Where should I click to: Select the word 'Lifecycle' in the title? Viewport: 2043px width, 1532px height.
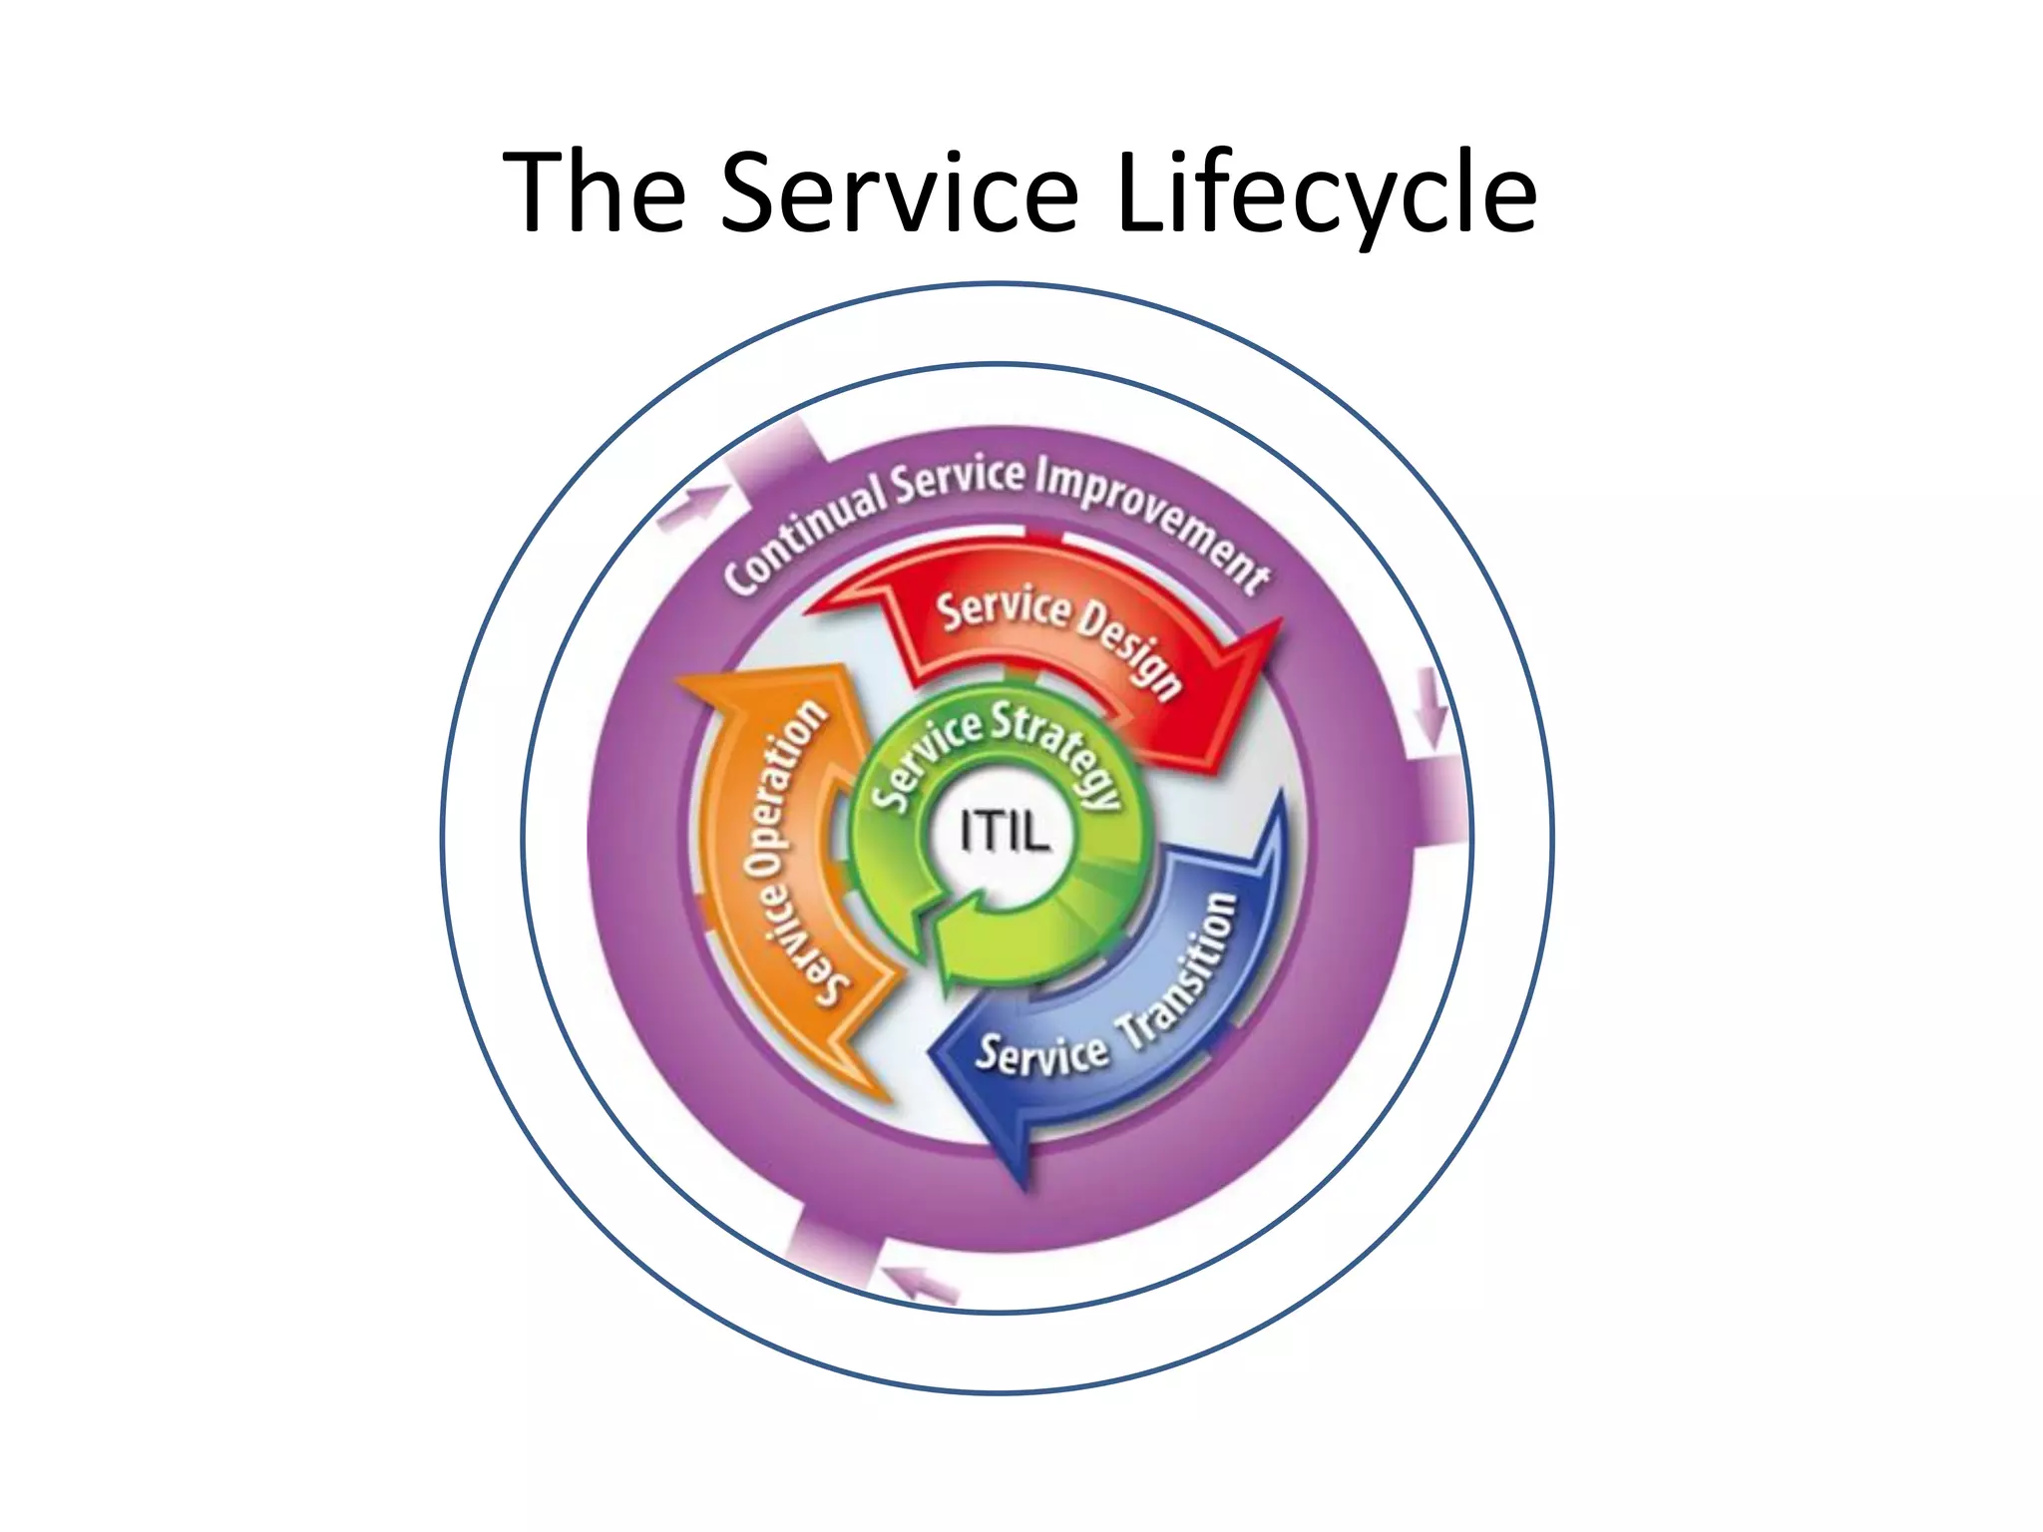click(1326, 194)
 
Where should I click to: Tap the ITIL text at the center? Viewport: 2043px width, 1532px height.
click(1005, 831)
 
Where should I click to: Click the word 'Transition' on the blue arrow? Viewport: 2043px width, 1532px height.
click(1182, 972)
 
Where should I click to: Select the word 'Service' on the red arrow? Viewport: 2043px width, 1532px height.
click(1002, 609)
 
